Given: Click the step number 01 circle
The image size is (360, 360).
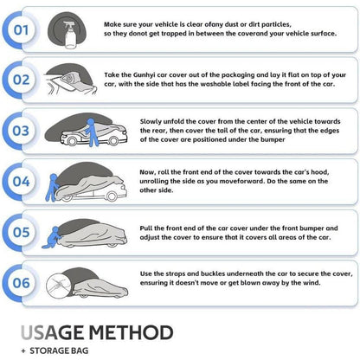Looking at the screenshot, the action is pos(21,30).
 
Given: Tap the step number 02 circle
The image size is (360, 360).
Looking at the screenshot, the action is pos(21,80).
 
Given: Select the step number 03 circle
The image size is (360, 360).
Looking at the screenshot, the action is pos(21,131).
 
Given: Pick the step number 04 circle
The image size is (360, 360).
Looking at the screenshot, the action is pos(21,182).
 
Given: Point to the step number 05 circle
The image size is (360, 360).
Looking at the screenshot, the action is pos(21,232).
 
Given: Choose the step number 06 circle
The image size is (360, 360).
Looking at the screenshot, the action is pos(21,283).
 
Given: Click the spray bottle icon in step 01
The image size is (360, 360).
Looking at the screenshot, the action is pos(70,35).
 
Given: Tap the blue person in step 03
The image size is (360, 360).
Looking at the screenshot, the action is pos(92,132).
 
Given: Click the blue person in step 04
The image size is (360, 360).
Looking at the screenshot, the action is pos(52,187).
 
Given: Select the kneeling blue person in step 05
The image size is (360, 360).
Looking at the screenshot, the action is pos(53,238).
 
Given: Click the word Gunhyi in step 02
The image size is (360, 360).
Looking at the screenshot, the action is pos(145,75).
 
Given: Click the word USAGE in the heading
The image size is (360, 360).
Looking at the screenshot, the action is pos(53,332).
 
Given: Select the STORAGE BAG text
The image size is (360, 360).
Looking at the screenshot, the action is pos(59,350).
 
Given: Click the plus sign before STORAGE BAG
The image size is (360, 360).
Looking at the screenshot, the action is pos(23,351).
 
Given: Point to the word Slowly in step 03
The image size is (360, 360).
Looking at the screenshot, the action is pos(150,122).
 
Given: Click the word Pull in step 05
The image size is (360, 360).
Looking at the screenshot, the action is pos(146,228).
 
